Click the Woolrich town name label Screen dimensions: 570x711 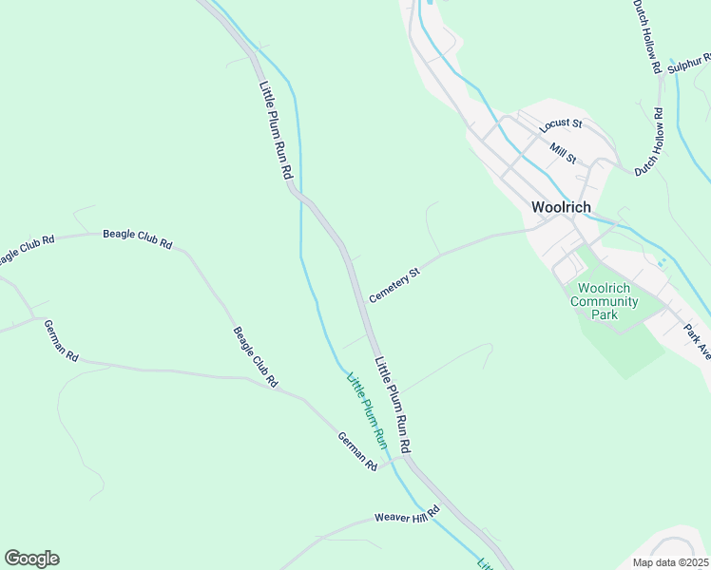click(561, 207)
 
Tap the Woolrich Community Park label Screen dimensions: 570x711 click(604, 301)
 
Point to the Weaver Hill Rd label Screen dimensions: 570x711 click(407, 515)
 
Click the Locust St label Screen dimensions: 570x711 click(559, 124)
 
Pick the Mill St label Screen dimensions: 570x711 click(563, 152)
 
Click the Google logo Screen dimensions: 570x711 click(31, 559)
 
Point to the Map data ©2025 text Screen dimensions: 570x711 click(670, 562)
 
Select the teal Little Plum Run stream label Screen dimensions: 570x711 click(367, 410)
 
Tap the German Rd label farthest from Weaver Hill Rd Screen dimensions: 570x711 click(59, 339)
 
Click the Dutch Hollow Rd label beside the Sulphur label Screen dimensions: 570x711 click(646, 36)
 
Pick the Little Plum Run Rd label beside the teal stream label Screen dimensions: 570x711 click(393, 404)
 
